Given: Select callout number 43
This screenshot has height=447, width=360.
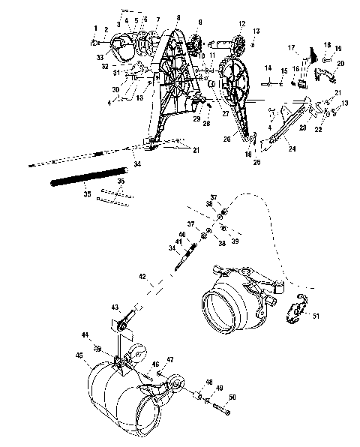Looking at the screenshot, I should coord(114,308).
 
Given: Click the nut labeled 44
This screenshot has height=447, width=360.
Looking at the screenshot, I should coord(97,347).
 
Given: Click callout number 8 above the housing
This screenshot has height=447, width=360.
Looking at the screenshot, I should coord(177,16).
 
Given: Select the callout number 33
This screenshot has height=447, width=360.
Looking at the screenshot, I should coord(100,56).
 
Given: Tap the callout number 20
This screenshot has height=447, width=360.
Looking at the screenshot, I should coord(340,64).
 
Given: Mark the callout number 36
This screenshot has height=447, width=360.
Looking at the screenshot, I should coord(121,181).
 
